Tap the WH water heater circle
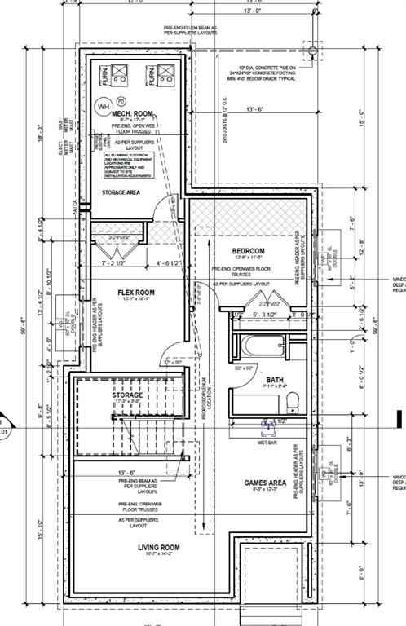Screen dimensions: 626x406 (104, 106)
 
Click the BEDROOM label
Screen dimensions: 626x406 (248, 250)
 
